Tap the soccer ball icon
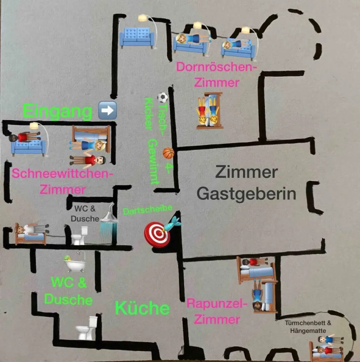click(x=163, y=98)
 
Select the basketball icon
click(x=168, y=153)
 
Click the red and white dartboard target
click(x=157, y=234)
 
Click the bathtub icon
click(x=75, y=262)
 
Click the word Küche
click(x=142, y=308)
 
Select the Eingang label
click(x=57, y=112)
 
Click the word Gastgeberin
click(x=246, y=194)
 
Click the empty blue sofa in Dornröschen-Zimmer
click(x=137, y=37)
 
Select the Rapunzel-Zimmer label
click(x=217, y=311)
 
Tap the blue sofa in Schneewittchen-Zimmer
click(x=29, y=146)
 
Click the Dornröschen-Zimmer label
click(x=216, y=74)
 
